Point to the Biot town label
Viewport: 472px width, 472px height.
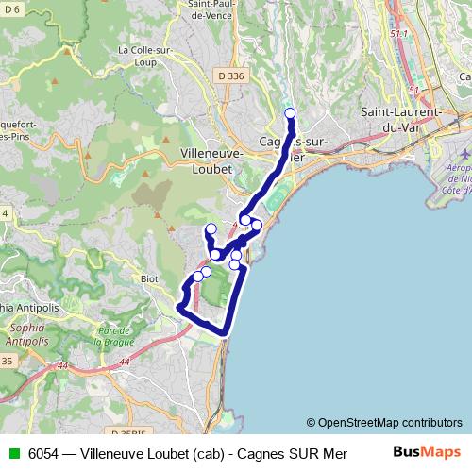coord(150,278)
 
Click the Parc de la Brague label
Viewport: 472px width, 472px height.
coord(119,335)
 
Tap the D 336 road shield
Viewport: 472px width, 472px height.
coord(229,76)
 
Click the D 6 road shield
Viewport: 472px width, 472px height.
coord(10,8)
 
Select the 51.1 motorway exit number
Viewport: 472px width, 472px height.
coord(398,34)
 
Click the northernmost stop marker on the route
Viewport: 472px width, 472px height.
coord(290,113)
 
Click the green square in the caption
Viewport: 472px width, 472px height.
coord(11,452)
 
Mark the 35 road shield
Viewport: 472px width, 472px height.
coord(8,361)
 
